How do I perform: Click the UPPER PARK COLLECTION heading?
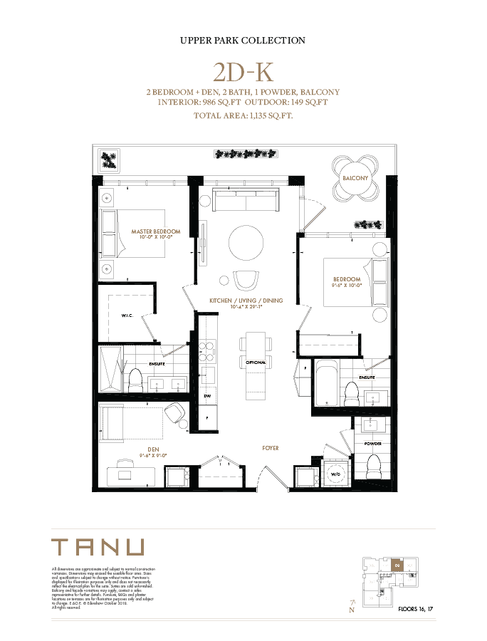(243, 41)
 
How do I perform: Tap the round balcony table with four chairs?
(355, 177)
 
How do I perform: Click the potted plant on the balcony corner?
(109, 158)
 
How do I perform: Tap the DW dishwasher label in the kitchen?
(207, 395)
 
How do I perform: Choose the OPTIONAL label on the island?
(256, 363)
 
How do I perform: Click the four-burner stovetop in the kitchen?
(206, 348)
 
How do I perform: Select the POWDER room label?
(373, 443)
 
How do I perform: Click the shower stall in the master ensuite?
(110, 369)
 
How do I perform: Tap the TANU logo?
(99, 547)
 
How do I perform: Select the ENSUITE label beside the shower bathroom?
(157, 363)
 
